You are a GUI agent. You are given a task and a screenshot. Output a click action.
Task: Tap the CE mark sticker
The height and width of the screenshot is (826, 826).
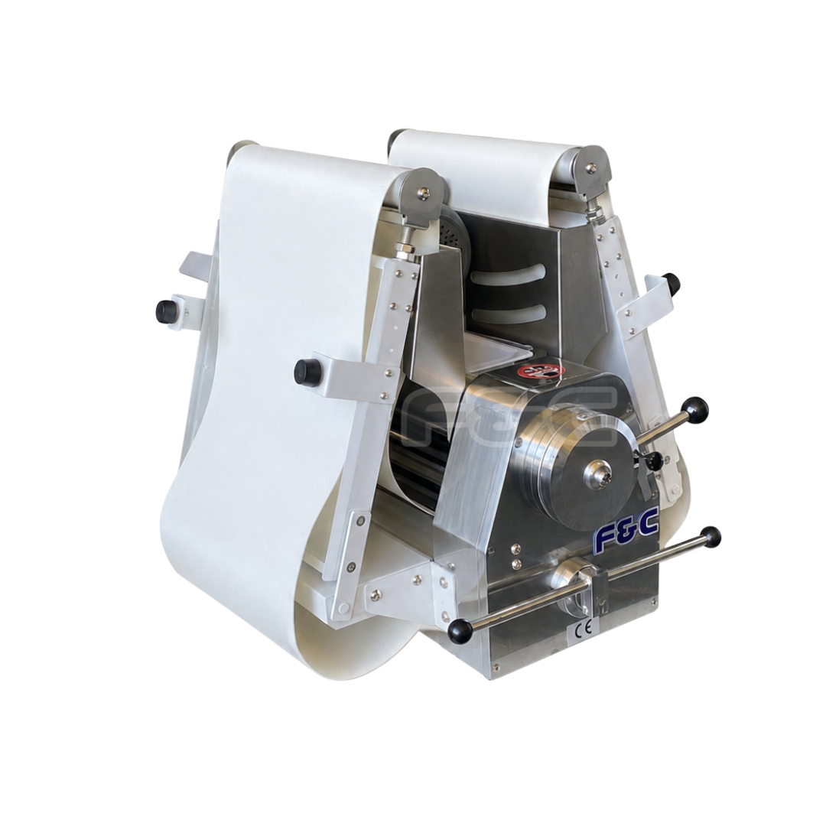pos(587,627)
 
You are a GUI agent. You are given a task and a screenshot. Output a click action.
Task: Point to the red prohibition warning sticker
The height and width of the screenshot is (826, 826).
pos(541,370)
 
